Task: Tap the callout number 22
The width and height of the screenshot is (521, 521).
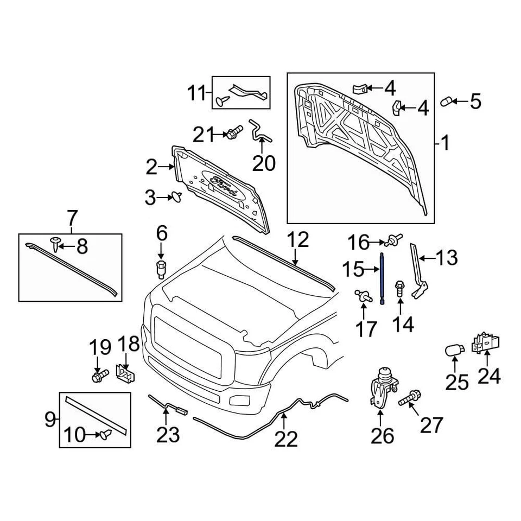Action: click(x=286, y=439)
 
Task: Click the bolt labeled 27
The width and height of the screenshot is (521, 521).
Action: click(x=410, y=397)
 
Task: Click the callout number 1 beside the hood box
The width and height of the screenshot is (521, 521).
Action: click(x=444, y=144)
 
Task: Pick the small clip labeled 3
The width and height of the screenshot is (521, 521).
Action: click(x=177, y=198)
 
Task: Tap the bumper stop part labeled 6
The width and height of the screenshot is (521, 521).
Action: click(x=161, y=269)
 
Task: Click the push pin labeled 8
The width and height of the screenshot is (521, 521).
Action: click(x=56, y=244)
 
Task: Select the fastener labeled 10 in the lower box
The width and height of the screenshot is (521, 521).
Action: click(x=105, y=434)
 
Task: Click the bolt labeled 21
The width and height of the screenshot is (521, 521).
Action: click(x=234, y=132)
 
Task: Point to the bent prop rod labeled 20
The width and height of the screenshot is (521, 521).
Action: click(x=260, y=132)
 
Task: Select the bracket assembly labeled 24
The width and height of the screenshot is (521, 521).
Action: click(x=487, y=344)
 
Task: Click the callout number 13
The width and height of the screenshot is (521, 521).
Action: click(x=448, y=258)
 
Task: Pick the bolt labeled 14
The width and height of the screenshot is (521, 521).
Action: click(x=399, y=288)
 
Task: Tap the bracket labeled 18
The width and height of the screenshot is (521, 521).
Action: click(x=126, y=373)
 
